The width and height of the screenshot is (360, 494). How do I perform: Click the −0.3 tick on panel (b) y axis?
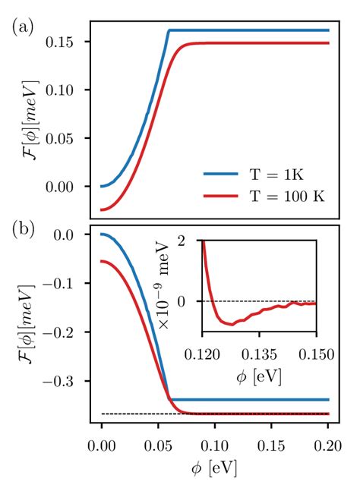pyautogui.click(x=65, y=381)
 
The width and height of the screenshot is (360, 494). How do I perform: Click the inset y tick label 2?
pyautogui.click(x=191, y=241)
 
